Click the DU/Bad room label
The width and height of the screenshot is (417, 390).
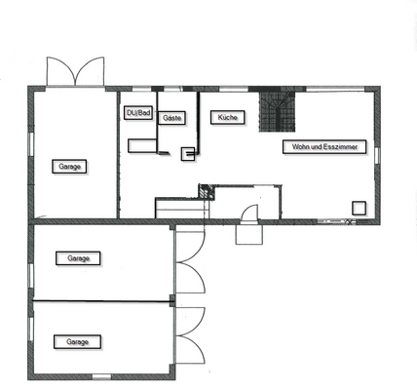(138, 114)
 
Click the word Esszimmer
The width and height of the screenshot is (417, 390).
(344, 147)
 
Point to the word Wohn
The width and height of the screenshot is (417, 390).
(296, 147)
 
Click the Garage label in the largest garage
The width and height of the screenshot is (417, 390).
(70, 167)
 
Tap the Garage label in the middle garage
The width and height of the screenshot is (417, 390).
(78, 258)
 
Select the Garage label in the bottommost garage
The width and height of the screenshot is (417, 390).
(78, 342)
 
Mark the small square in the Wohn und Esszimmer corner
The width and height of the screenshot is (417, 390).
(359, 207)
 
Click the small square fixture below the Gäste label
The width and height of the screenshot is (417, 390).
(189, 152)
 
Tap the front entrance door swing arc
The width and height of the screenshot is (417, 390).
(248, 214)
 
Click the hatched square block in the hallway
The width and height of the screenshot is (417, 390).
(206, 192)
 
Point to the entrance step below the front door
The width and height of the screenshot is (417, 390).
(247, 234)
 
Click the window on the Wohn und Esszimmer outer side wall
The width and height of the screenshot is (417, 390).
(377, 155)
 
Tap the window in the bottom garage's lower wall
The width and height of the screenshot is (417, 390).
(100, 376)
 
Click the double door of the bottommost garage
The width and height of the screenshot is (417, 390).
(190, 335)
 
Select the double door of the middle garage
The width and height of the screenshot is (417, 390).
(190, 263)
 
